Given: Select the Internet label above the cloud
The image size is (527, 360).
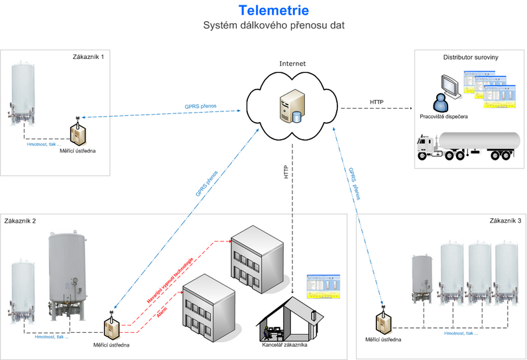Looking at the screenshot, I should pos(292,64).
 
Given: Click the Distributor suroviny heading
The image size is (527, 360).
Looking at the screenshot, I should pos(471,58).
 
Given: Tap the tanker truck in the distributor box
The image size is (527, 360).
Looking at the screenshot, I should pos(466,146).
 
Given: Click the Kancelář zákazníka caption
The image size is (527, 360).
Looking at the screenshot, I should pos(285,345).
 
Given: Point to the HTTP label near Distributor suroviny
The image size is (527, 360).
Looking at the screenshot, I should pos(377,101).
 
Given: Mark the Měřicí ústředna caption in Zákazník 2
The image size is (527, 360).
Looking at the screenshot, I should pos(111,345).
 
